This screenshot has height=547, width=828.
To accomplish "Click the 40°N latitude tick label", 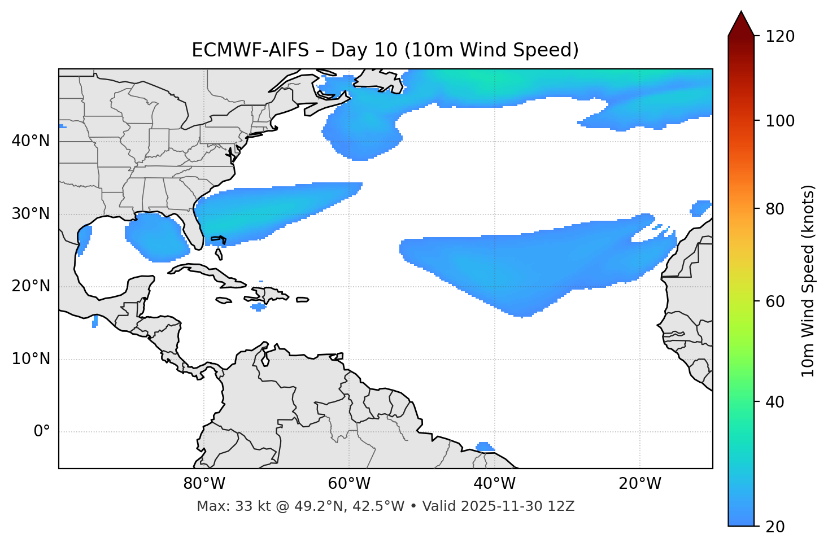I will pos(30,141).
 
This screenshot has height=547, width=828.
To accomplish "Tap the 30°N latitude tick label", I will pos(30,214).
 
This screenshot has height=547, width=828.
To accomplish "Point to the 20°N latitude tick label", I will pos(30,286).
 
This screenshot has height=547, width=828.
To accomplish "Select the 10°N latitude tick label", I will pos(30,359).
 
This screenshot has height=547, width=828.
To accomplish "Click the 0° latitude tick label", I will pos(41,432).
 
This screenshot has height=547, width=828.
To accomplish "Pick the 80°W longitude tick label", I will pos(204,484).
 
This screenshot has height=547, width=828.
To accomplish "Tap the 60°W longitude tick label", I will pos(349,484).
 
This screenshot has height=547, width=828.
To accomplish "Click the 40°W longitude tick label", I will pos(494,484).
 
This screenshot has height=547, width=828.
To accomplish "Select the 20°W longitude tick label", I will pos(639,484).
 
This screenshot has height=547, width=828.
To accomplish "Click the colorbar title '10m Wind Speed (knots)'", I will pos(808,281).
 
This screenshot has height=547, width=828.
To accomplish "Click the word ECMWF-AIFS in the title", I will pos(250,50).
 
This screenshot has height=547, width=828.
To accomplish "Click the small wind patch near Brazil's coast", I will pos(484,447).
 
